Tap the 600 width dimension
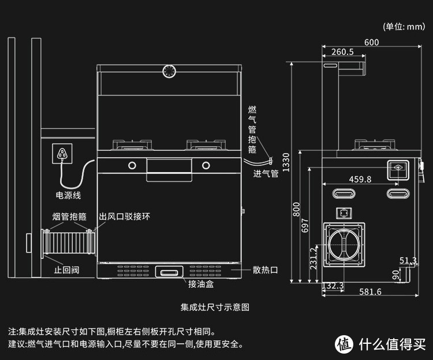[x=372, y=42]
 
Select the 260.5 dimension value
[x=343, y=53]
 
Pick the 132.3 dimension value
[x=333, y=285]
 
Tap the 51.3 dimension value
[x=408, y=261]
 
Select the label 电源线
[x=68, y=195]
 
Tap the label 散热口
[x=266, y=270]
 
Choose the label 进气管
[x=266, y=173]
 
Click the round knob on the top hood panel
[x=169, y=72]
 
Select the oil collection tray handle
[x=169, y=271]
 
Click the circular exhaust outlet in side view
[x=344, y=244]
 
